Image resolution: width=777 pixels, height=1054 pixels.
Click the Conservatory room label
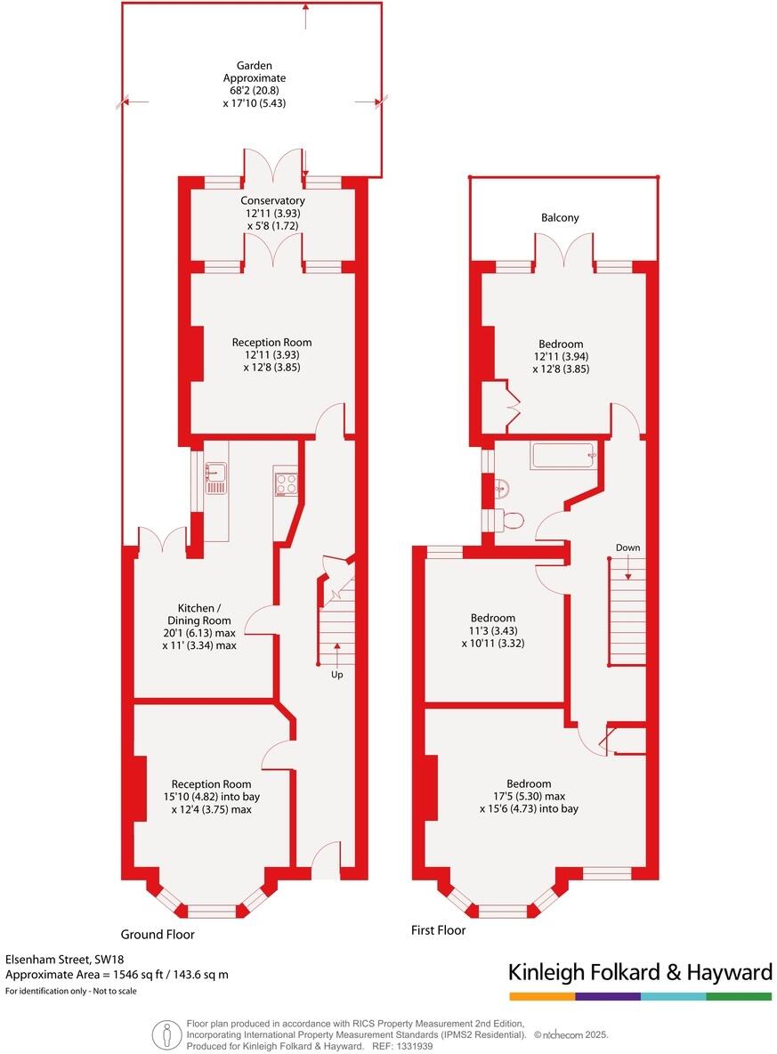[x=272, y=201]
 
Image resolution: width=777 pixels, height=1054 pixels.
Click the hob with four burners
[x=286, y=483]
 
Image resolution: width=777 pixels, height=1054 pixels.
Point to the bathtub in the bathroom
[x=563, y=457]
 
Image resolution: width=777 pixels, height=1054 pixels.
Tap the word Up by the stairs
[x=337, y=675]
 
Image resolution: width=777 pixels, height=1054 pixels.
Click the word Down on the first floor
[x=627, y=547]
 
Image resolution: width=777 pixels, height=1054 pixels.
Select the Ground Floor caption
[x=158, y=935]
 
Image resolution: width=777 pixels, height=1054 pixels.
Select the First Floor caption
[x=438, y=930]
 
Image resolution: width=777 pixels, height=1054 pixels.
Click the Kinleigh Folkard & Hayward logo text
[x=640, y=972]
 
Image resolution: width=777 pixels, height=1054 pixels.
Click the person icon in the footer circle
[x=165, y=1034]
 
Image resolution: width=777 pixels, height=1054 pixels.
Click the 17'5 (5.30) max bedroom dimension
[x=529, y=797]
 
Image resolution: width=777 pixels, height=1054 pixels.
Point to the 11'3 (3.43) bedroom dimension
[x=493, y=630]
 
